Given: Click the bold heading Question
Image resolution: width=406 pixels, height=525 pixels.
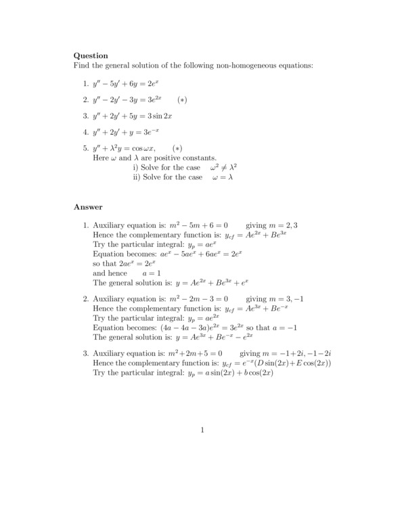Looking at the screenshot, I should click(91, 55).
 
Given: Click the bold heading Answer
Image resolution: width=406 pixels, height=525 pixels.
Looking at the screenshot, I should click(88, 207).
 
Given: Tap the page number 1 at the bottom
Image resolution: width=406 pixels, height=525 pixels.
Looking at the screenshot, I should click(202, 430).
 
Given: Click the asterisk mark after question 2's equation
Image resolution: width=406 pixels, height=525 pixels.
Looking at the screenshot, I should click(181, 99).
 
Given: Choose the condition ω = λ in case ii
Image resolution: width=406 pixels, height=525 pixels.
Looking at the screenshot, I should click(221, 177).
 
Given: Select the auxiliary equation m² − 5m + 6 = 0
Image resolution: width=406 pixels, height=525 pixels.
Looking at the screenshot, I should click(199, 225).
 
